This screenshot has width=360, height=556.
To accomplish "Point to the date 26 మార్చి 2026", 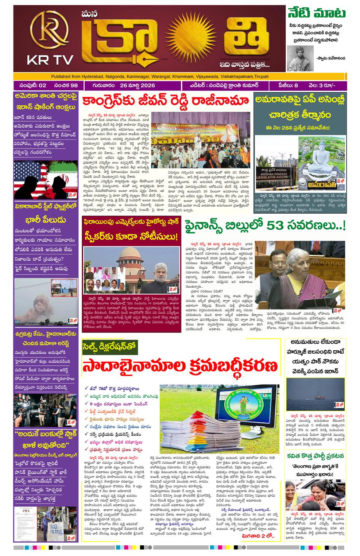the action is pyautogui.click(x=136, y=85).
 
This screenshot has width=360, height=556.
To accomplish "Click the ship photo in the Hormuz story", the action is pyautogui.click(x=315, y=395).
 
